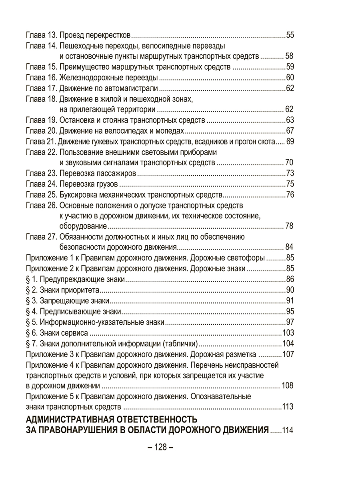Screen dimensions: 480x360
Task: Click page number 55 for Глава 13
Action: (x=290, y=34)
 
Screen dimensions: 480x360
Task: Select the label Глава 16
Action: (x=41, y=77)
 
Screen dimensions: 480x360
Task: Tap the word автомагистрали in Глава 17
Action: (x=135, y=88)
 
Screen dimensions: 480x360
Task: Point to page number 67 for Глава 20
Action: (x=290, y=131)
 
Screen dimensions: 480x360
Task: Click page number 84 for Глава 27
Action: (x=290, y=246)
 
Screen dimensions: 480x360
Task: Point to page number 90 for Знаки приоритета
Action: (x=290, y=290)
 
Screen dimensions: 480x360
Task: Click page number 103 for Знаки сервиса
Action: (x=288, y=332)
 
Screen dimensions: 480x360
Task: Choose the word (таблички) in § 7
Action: (x=181, y=343)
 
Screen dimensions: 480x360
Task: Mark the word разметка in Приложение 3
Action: (x=237, y=354)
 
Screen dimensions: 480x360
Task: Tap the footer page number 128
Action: (x=160, y=447)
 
